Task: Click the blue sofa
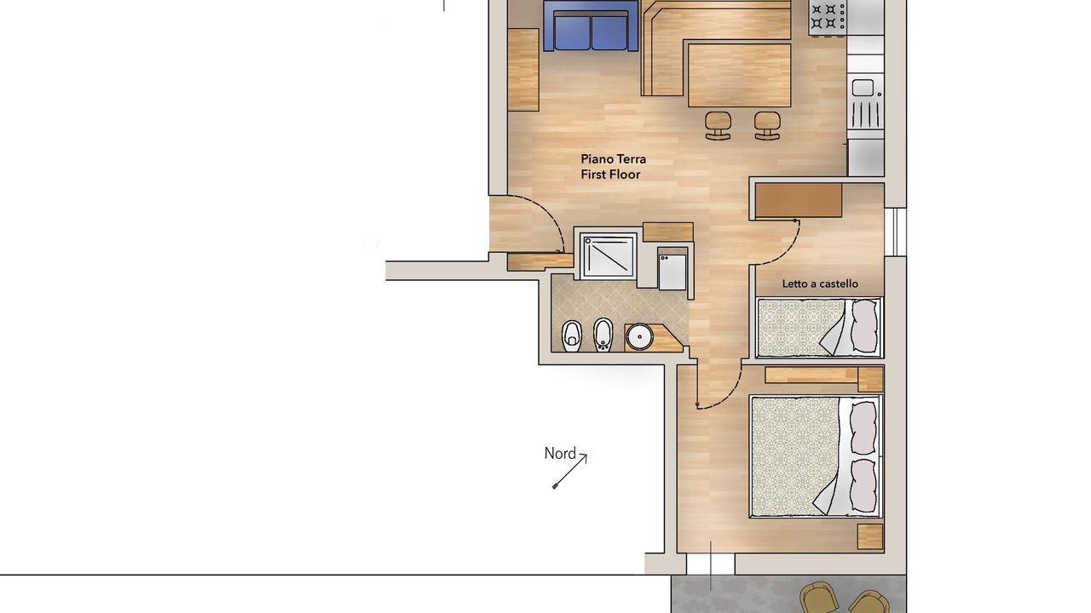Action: (x=591, y=26)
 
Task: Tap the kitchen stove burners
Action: (x=828, y=16)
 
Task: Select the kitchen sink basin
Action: (x=863, y=88)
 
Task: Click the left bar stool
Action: (x=719, y=126)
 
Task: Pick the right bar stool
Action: (x=767, y=126)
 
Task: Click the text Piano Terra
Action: (x=613, y=159)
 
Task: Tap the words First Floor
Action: (x=610, y=175)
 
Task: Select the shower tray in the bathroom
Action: (x=609, y=255)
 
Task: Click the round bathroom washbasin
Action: (x=639, y=336)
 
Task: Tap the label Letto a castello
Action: (x=820, y=284)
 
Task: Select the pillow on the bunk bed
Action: (x=863, y=326)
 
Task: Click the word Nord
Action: (x=560, y=454)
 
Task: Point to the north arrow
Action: (x=570, y=472)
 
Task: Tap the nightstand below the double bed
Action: (x=870, y=536)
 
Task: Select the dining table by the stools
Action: (x=739, y=75)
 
